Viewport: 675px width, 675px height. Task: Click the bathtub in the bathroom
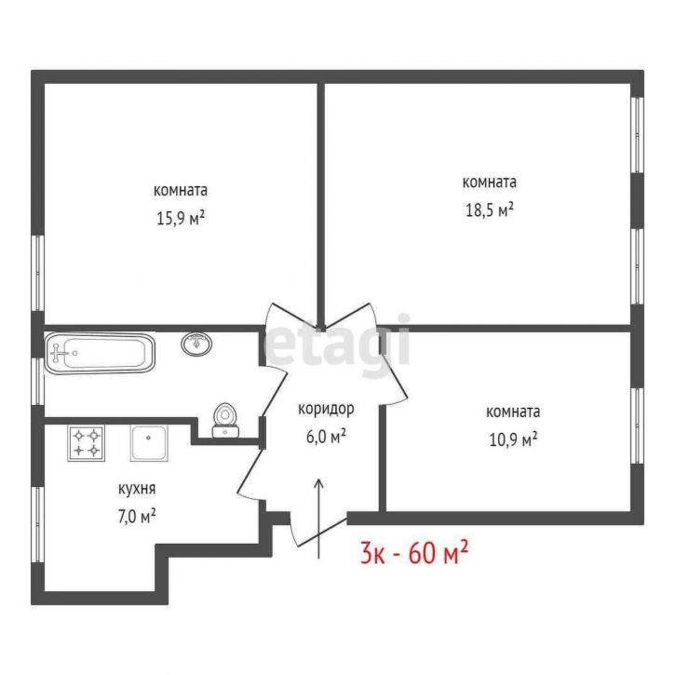tap(100, 353)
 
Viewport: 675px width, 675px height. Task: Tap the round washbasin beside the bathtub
tap(196, 344)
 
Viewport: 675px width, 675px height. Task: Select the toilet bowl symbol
tap(225, 421)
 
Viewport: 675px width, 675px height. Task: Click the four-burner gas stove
tap(86, 443)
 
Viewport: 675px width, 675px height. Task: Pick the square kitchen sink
tap(149, 443)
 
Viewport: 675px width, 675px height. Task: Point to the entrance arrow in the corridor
tap(318, 519)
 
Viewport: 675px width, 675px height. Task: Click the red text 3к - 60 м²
tap(413, 553)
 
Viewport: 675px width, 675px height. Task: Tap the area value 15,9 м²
tap(180, 218)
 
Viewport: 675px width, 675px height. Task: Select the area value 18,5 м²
tap(490, 210)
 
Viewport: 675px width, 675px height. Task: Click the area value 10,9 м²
tap(513, 439)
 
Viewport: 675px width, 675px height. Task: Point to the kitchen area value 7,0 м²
tap(137, 516)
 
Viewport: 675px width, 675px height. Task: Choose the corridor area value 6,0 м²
tap(326, 437)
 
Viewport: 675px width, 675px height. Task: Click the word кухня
tap(137, 489)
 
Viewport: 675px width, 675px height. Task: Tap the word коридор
tap(326, 409)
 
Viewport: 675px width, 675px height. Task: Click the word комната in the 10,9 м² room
tap(513, 412)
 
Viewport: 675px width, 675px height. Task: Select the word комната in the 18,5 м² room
tap(490, 182)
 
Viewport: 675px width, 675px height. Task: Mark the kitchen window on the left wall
tap(38, 524)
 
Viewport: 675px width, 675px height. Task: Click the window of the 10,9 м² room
tap(637, 425)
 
